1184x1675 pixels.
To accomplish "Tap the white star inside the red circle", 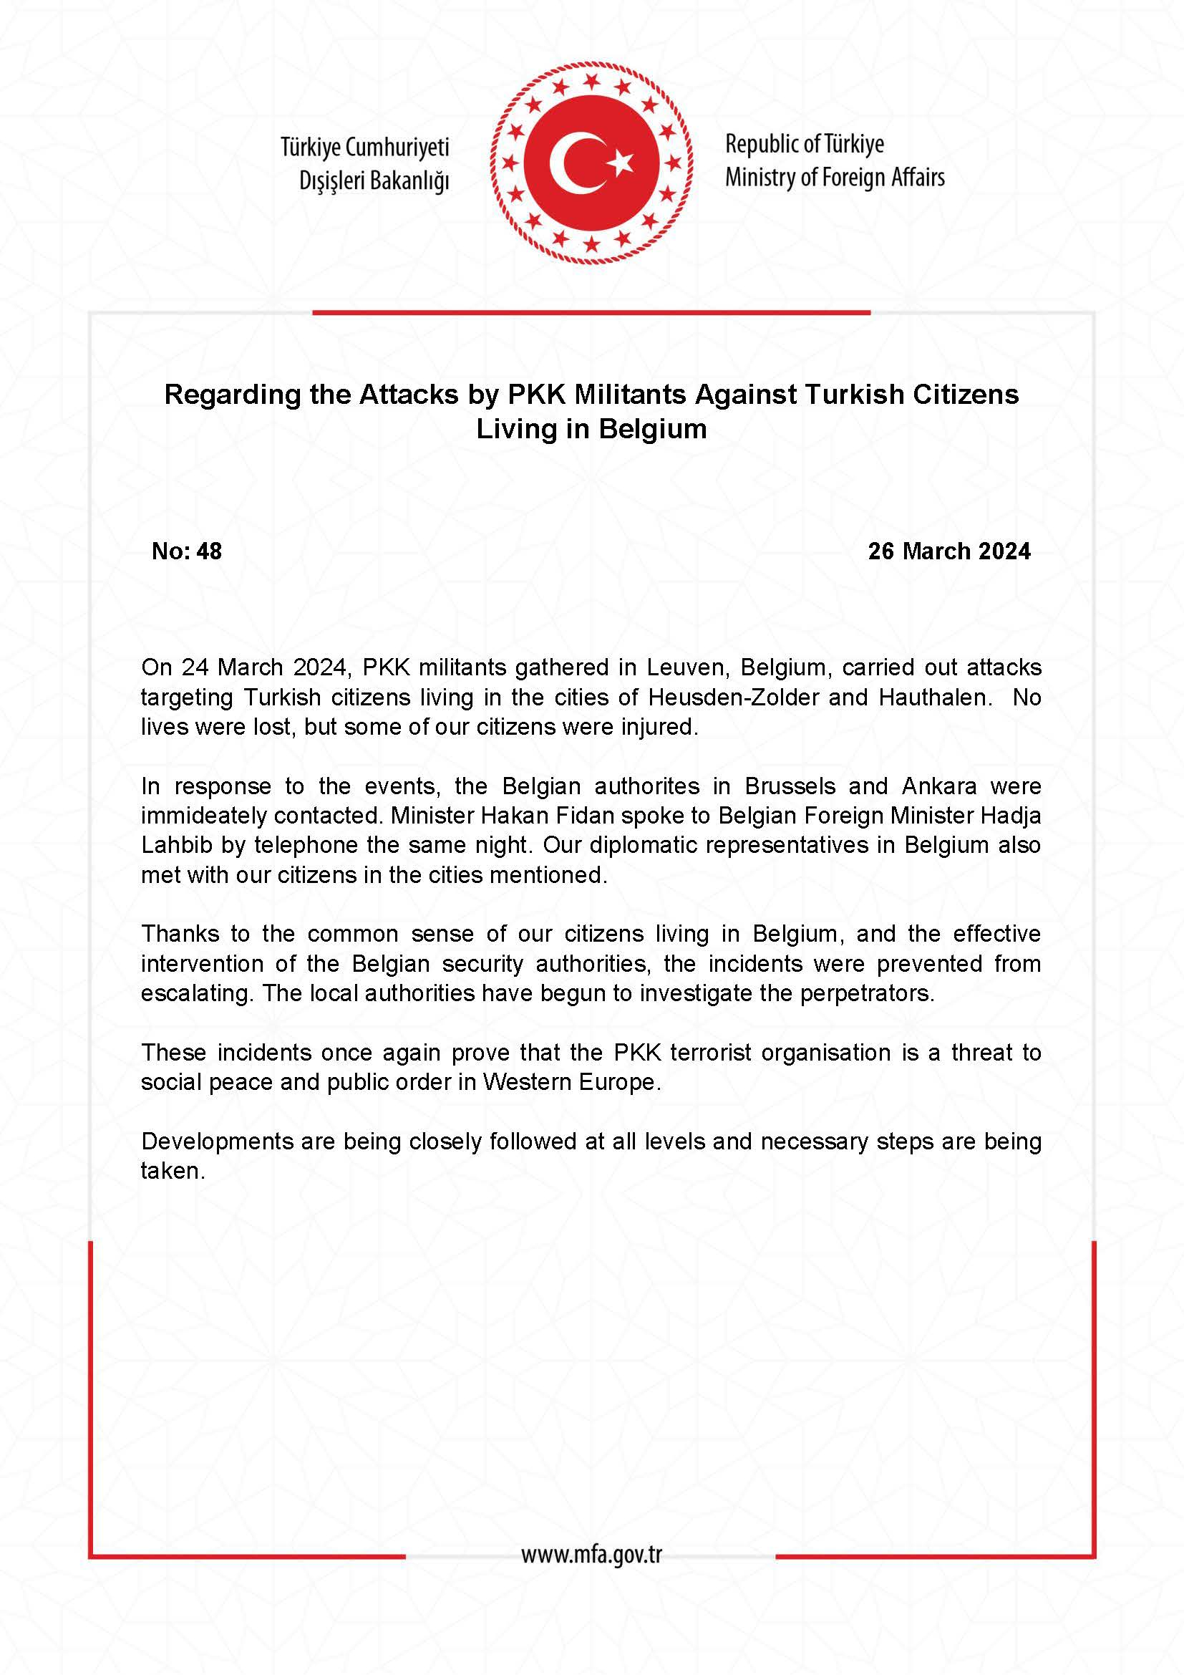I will pyautogui.click(x=621, y=163).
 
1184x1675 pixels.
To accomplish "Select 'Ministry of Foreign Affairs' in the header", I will pyautogui.click(x=834, y=178).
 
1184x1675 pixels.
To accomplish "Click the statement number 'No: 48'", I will pyautogui.click(x=187, y=551).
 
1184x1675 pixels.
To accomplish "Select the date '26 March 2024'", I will pyautogui.click(x=948, y=551).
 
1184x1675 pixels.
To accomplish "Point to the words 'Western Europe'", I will pyautogui.click(x=571, y=1082).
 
